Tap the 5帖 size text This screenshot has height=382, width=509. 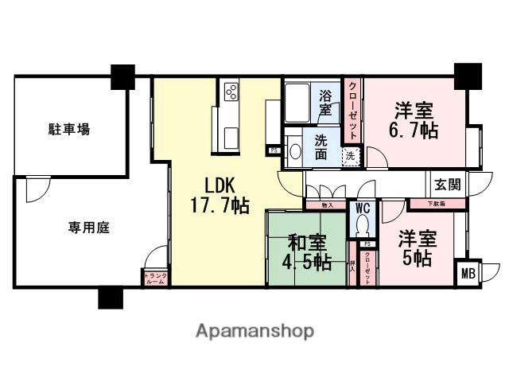click(x=416, y=259)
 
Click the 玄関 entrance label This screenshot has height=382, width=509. click(x=446, y=184)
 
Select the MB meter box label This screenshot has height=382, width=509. click(x=470, y=275)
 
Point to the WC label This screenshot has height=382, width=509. click(x=363, y=209)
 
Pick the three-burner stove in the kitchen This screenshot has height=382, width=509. click(x=231, y=92)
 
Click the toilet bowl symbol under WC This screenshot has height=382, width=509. click(x=364, y=225)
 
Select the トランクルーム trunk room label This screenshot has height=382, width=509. click(x=154, y=279)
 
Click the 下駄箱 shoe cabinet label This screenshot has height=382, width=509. click(x=425, y=205)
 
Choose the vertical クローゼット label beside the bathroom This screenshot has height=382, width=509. click(x=352, y=111)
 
